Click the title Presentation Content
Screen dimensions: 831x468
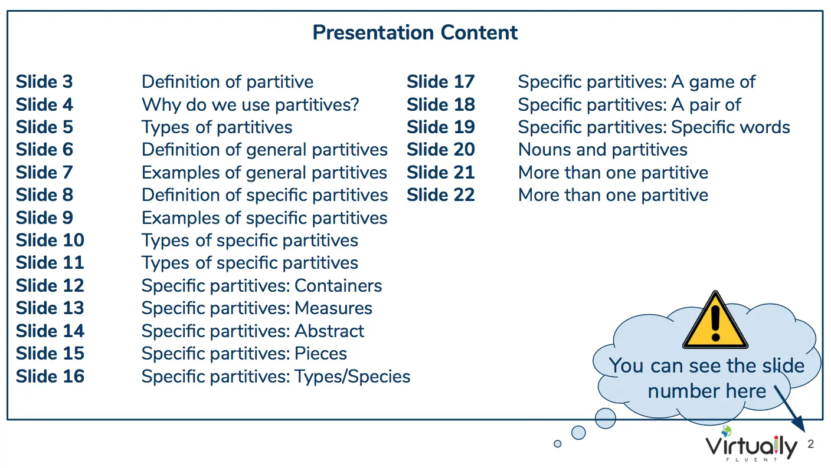coord(415,32)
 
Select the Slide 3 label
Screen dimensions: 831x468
coord(44,81)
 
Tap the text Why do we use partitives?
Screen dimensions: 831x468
coord(250,105)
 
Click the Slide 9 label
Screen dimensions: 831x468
coord(44,217)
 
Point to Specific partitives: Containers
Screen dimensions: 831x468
coord(261,286)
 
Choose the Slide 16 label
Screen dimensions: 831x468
coord(50,376)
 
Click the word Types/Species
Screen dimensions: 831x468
coord(352,377)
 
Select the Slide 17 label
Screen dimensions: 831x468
coord(441,81)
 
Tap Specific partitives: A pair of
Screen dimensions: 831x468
coord(630,105)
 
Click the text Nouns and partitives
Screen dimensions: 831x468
coord(603,150)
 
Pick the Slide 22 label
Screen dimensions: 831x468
coord(441,195)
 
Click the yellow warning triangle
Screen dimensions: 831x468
coord(715,320)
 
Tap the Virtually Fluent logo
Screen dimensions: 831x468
coord(751,445)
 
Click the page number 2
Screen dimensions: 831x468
coord(810,444)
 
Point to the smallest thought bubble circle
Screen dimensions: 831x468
coord(558,444)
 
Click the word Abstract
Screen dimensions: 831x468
coord(329,331)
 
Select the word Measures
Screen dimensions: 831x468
coord(333,308)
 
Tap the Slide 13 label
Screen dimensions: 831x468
coord(50,308)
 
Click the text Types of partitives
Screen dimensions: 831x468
coord(217,127)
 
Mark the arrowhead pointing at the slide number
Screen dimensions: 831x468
coord(800,424)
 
